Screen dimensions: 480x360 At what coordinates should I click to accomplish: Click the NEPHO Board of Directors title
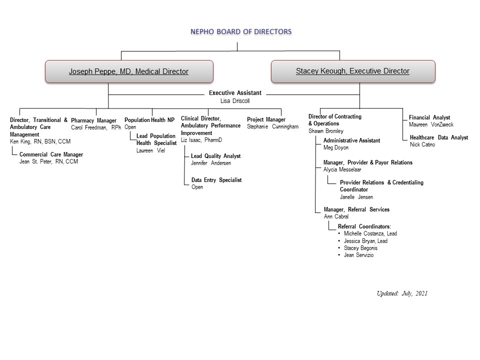click(x=241, y=31)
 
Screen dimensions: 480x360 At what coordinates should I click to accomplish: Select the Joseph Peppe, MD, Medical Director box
click(x=129, y=71)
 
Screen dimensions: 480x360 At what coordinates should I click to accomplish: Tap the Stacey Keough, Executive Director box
click(x=353, y=71)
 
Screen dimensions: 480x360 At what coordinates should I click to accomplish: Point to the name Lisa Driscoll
click(x=235, y=101)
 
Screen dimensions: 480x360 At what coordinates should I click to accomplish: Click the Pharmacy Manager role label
click(x=93, y=120)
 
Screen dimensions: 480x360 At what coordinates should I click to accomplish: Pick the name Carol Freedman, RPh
click(x=96, y=127)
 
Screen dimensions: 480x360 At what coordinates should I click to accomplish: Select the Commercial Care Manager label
click(x=51, y=154)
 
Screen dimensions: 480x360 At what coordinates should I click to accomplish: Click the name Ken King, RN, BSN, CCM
click(x=40, y=141)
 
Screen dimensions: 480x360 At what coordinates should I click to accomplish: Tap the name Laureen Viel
click(x=150, y=150)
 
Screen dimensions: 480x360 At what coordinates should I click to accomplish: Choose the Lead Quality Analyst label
click(x=216, y=156)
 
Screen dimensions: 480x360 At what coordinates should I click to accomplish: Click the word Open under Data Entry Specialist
click(x=197, y=187)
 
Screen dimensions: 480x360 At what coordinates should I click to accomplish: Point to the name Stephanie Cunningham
click(x=273, y=126)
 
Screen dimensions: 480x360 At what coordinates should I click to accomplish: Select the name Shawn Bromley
click(x=325, y=131)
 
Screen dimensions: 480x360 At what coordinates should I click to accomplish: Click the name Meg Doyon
click(x=336, y=147)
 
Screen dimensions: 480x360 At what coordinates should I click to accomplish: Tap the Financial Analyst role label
click(x=429, y=117)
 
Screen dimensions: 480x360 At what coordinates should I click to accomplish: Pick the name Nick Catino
click(x=422, y=144)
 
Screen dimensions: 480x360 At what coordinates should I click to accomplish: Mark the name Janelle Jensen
click(x=356, y=197)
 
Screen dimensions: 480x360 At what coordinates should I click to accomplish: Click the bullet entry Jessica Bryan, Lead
click(x=365, y=241)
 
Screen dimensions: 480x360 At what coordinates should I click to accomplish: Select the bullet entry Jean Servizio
click(x=358, y=255)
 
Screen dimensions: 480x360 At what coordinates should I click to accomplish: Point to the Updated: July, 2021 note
click(x=402, y=293)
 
